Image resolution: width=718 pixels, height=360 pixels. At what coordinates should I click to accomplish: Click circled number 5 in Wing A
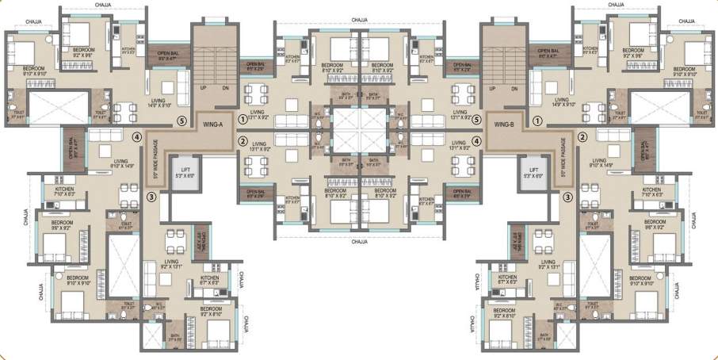click(181, 121)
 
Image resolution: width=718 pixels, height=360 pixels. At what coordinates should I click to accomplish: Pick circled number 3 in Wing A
click(151, 197)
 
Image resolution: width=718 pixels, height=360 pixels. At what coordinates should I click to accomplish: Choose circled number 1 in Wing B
click(537, 121)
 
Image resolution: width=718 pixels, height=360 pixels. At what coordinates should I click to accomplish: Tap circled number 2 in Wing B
click(582, 136)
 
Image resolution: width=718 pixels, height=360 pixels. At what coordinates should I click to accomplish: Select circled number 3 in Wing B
click(567, 197)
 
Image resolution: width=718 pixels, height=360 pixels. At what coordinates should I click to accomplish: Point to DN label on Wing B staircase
click(514, 89)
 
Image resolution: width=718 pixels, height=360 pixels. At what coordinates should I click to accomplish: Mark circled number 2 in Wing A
click(243, 142)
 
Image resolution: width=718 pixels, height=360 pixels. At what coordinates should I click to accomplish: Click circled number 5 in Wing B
click(476, 121)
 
